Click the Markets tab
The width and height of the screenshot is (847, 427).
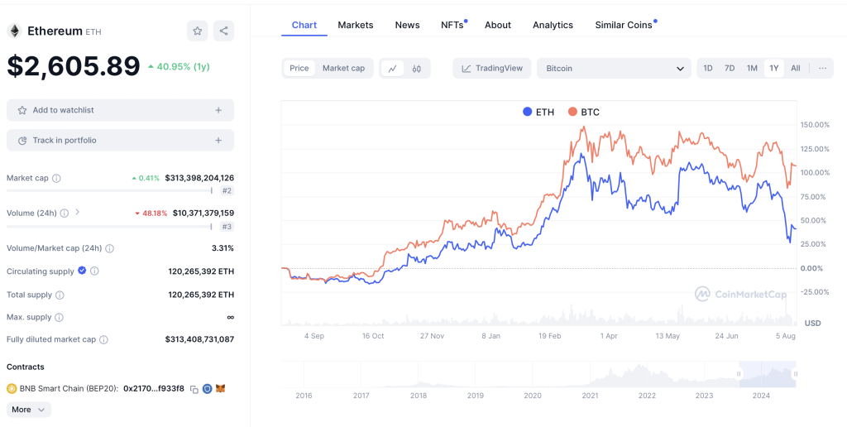click(x=355, y=25)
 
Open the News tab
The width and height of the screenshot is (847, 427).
click(x=407, y=25)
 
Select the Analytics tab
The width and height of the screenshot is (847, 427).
click(x=553, y=25)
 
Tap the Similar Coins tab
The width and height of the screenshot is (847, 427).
click(x=624, y=25)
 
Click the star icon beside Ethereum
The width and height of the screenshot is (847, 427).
click(x=198, y=31)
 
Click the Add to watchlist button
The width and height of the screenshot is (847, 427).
click(x=120, y=110)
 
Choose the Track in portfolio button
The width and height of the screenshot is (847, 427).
click(x=120, y=141)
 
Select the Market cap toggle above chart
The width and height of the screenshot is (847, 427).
click(x=343, y=68)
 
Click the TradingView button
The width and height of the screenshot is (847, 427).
click(x=492, y=68)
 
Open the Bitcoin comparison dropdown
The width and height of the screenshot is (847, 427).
click(x=614, y=68)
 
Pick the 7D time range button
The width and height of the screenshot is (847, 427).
click(x=730, y=68)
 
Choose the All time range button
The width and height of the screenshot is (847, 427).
click(x=795, y=68)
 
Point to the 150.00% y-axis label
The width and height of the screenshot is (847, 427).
click(x=815, y=125)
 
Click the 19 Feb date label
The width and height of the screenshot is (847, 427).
click(x=549, y=336)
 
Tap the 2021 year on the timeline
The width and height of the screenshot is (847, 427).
click(x=590, y=396)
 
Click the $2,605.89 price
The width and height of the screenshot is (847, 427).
click(x=74, y=66)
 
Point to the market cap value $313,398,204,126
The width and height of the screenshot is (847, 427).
click(x=199, y=178)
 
